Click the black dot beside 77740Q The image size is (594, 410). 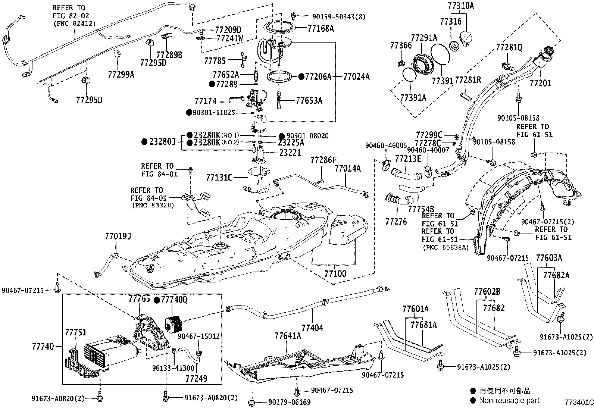pyautogui.click(x=157, y=300)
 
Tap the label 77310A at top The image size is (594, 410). pyautogui.click(x=460, y=6)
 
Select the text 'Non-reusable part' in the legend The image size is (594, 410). pyautogui.click(x=509, y=400)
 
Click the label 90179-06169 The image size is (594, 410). pyautogui.click(x=289, y=402)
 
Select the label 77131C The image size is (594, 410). pyautogui.click(x=219, y=178)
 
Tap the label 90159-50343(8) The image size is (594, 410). pyautogui.click(x=339, y=16)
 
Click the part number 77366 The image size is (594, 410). pyautogui.click(x=401, y=46)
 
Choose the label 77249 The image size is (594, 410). pyautogui.click(x=196, y=379)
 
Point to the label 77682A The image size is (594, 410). pyautogui.click(x=556, y=275)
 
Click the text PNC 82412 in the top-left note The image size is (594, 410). pyautogui.click(x=74, y=23)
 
